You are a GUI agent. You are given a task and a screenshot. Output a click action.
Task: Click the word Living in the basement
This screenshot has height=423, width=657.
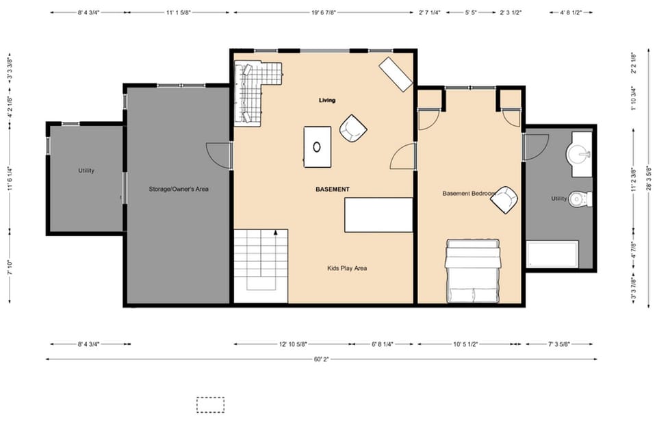pyautogui.click(x=327, y=101)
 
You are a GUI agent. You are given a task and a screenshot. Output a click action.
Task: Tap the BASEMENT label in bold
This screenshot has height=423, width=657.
pyautogui.click(x=333, y=189)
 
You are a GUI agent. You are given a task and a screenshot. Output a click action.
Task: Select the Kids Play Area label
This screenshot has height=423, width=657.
pyautogui.click(x=347, y=268)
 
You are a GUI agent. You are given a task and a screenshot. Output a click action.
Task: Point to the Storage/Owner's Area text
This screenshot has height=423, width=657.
pyautogui.click(x=179, y=188)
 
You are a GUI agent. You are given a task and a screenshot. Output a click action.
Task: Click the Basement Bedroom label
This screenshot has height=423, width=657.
pyautogui.click(x=469, y=194)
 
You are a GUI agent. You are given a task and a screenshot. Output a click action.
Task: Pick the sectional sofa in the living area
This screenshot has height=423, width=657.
pyautogui.click(x=253, y=89)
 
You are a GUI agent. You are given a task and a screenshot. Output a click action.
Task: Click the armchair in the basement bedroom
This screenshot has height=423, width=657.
pyautogui.click(x=504, y=199)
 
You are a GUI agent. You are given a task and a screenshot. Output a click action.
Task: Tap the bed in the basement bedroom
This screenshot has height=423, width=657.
pyautogui.click(x=472, y=271)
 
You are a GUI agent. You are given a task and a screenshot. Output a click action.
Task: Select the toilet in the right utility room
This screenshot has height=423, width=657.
pyautogui.click(x=580, y=199)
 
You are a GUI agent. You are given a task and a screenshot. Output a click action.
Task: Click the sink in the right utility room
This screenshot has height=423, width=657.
pyautogui.click(x=581, y=151)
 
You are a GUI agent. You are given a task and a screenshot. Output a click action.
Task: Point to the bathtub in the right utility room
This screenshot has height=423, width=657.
pyautogui.click(x=552, y=255)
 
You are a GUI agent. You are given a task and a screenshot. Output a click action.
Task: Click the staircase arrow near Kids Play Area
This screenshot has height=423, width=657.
pyautogui.click(x=276, y=233)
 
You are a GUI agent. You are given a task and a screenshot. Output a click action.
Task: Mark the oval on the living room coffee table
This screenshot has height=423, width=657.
pyautogui.click(x=317, y=146)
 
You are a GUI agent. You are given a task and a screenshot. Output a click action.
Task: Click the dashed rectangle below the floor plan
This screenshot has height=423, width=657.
pyautogui.click(x=210, y=405)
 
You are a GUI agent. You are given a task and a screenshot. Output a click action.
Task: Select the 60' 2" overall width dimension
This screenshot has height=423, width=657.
pyautogui.click(x=320, y=359)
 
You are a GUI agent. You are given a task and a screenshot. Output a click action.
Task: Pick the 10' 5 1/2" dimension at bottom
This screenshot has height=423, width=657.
pyautogui.click(x=468, y=344)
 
